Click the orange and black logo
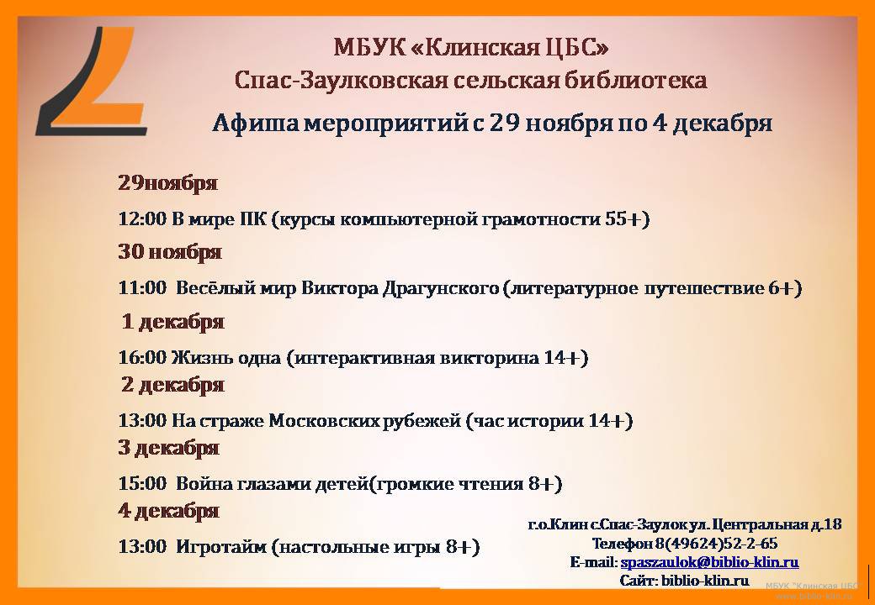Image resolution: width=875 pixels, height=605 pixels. (x=92, y=81)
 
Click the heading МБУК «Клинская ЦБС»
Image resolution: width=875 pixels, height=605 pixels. (x=471, y=47)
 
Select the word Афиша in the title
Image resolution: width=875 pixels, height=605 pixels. (x=254, y=124)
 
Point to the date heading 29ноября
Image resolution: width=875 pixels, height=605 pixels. (x=167, y=182)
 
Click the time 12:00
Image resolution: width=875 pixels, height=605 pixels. (x=142, y=219)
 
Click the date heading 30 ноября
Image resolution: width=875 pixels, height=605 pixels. (x=170, y=252)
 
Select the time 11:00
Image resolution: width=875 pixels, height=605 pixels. (x=142, y=288)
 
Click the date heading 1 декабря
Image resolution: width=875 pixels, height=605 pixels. (x=173, y=322)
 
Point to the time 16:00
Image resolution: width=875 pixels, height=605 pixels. (x=142, y=357)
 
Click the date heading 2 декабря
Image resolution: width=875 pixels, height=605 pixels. (x=173, y=384)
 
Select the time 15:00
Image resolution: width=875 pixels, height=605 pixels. (x=142, y=483)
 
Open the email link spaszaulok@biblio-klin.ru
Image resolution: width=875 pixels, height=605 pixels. (x=710, y=562)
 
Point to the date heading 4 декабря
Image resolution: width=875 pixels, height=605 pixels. (x=168, y=510)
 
